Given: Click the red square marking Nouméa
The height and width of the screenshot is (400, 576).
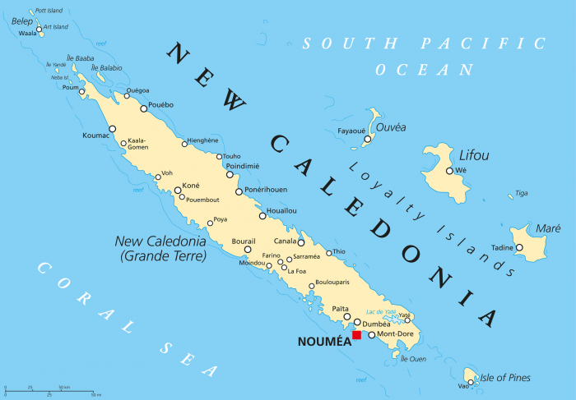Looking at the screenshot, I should tap(356, 335).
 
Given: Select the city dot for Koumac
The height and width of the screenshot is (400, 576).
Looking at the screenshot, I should tap(113, 128).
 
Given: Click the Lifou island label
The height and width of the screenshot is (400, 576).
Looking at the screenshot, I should tap(473, 155).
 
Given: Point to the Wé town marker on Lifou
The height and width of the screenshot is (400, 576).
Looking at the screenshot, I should tap(449, 171).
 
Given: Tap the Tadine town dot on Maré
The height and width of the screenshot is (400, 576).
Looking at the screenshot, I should tap(519, 247).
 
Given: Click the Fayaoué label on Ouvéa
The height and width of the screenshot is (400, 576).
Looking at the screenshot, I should tap(351, 130).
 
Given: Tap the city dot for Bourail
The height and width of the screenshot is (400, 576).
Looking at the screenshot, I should tap(247, 249).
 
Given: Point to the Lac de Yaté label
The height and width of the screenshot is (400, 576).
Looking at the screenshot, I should tap(380, 311).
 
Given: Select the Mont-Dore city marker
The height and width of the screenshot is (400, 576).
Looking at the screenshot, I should tap(371, 334).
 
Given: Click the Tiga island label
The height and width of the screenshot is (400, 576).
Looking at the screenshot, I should tap(521, 194).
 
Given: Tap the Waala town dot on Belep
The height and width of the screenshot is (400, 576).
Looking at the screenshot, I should tap(39, 30).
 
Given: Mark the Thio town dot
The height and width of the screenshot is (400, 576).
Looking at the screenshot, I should tap(329, 253).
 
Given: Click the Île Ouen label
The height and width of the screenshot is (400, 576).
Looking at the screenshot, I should tap(413, 358).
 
